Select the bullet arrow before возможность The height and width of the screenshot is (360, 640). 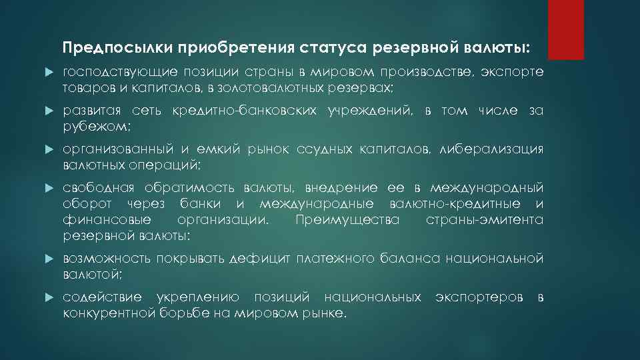48,257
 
